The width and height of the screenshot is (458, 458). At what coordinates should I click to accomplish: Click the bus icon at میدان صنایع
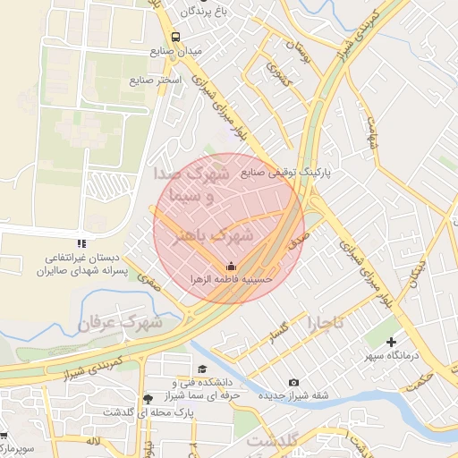[175, 38]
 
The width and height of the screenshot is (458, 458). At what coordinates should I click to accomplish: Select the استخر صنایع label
[156, 81]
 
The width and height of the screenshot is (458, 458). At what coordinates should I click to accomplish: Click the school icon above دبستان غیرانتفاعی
[81, 242]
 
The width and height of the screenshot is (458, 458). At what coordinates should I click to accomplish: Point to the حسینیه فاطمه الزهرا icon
[231, 266]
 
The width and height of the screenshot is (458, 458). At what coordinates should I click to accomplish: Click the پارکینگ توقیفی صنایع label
[284, 172]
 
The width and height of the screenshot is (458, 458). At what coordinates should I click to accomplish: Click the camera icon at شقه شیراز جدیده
[294, 382]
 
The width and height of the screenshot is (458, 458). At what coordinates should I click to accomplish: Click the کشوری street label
[274, 80]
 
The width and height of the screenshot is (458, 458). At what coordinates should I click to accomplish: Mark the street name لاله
[93, 441]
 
